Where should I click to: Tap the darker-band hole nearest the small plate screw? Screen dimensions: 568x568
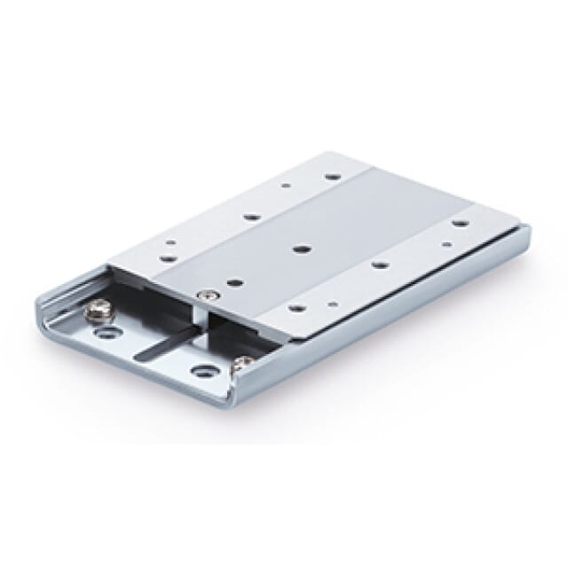coord(233,283)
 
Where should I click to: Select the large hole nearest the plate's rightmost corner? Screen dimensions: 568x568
coord(461,224)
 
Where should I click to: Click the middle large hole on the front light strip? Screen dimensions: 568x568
coord(379,264)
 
